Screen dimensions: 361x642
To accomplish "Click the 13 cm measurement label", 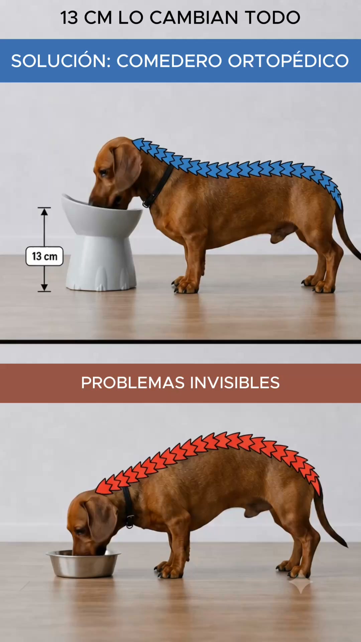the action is point(44,256).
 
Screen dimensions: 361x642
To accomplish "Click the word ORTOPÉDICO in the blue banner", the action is point(288,61).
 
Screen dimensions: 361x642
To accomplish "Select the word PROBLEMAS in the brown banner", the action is point(133,383).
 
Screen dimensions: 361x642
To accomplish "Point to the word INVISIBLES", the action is point(235,383).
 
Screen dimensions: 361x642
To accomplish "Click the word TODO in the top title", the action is point(273,18).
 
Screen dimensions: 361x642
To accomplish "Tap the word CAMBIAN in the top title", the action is point(194,18).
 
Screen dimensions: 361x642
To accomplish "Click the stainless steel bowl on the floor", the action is point(83,564).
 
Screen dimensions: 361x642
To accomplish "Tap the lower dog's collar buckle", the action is point(130,521).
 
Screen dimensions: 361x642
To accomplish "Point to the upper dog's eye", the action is point(104,173).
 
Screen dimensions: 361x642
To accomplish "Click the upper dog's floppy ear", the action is point(126,167).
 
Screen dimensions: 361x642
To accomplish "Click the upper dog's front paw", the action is point(185,286).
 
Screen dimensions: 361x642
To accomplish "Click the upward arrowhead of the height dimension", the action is point(44,211).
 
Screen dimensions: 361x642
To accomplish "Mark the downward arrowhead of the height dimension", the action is point(44,287).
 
